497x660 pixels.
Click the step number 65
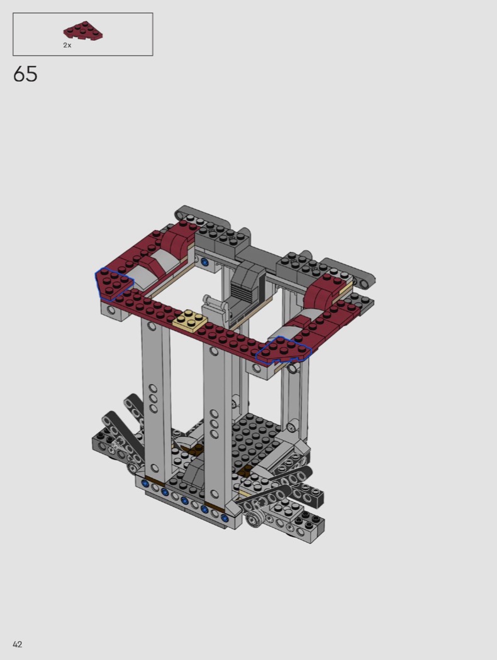tap(25, 74)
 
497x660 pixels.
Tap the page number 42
tap(17, 644)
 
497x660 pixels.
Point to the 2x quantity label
tap(67, 45)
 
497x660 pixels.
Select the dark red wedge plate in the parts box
tap(84, 31)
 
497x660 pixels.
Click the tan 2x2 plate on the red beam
tap(189, 321)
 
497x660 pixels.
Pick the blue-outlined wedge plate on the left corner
tap(113, 283)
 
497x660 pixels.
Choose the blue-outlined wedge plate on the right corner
tap(284, 350)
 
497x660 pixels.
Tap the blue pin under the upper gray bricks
tap(205, 263)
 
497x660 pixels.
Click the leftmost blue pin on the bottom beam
tap(146, 483)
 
